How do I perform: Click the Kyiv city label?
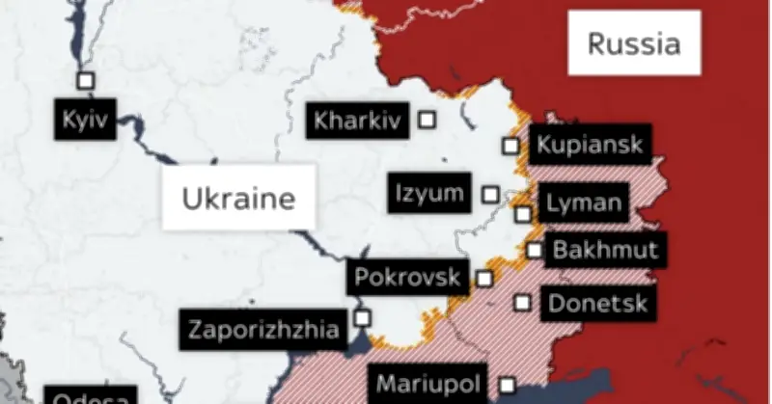tap(86, 121)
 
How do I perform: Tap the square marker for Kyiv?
tap(86, 81)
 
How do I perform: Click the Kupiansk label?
tap(587, 146)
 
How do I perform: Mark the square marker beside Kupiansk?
tap(510, 147)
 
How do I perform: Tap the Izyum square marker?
tap(491, 195)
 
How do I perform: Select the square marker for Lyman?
tap(523, 214)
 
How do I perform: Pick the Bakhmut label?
tap(605, 251)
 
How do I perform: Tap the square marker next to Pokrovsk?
tap(484, 279)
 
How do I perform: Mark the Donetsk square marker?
tap(523, 303)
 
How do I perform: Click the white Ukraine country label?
tap(238, 198)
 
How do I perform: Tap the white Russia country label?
tap(634, 43)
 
